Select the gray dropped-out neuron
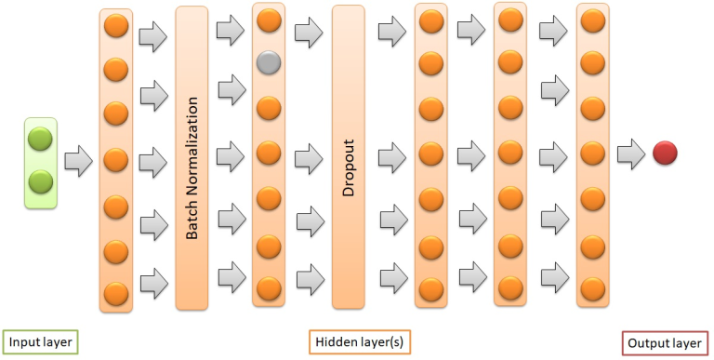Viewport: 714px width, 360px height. pos(268,63)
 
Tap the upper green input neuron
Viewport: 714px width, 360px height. pos(41,140)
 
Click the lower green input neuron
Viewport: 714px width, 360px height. pos(41,180)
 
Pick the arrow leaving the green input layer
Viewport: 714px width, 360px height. pos(79,160)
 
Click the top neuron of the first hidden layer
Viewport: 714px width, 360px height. pos(116,25)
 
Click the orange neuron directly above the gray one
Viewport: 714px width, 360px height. pos(268,19)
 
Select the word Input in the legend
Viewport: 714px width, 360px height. pos(23,341)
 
